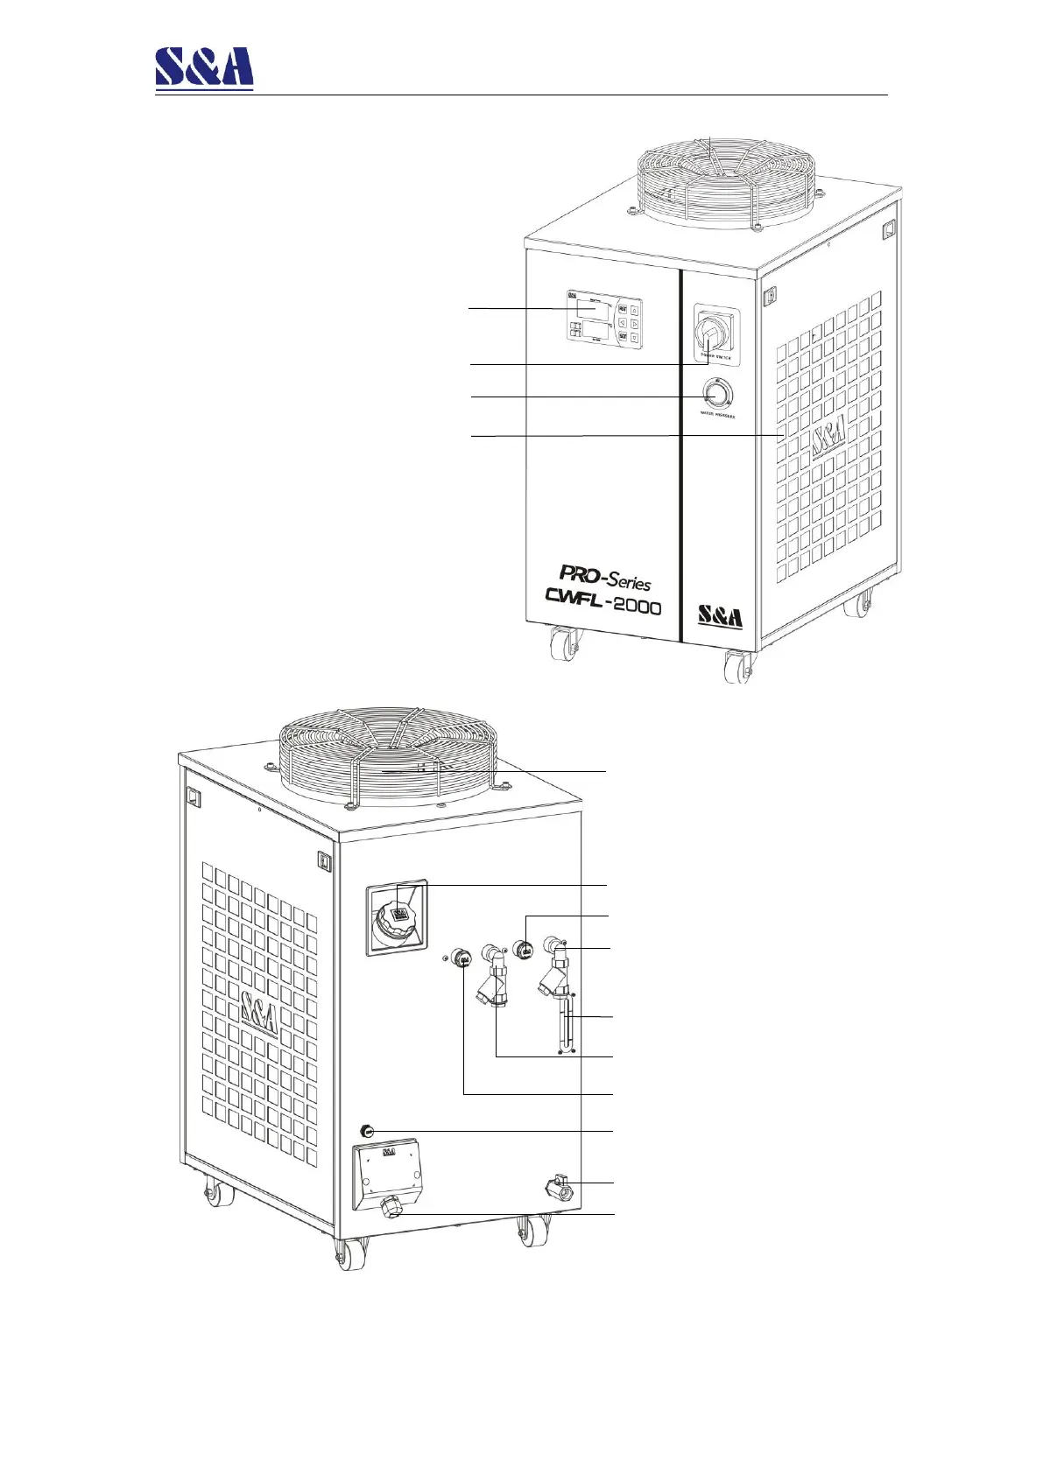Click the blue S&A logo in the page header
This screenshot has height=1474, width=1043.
pyautogui.click(x=204, y=67)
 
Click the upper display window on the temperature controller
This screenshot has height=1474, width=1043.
pyautogui.click(x=591, y=311)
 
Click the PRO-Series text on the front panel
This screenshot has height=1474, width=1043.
pyautogui.click(x=605, y=578)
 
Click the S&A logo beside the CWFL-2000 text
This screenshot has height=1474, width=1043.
pyautogui.click(x=720, y=616)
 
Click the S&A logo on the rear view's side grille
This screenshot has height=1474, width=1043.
pyautogui.click(x=260, y=1014)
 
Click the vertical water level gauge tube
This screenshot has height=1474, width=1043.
pyautogui.click(x=566, y=1025)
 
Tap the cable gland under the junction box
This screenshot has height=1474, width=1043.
pyautogui.click(x=391, y=1209)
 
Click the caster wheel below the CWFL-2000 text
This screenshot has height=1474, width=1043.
pyautogui.click(x=559, y=649)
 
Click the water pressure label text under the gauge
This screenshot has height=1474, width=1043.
pyautogui.click(x=716, y=417)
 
